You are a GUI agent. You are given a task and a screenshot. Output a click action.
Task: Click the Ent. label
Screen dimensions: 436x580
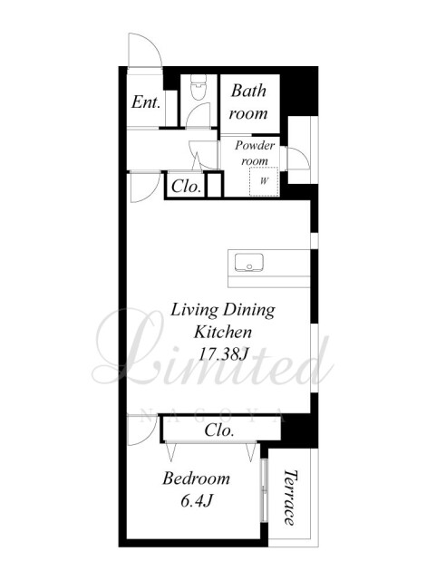(146, 102)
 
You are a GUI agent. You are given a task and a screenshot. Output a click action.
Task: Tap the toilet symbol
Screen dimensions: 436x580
(198, 87)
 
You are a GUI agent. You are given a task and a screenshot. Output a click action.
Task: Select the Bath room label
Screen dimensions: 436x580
(248, 101)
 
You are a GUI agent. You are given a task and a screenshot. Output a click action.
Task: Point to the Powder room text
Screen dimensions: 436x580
(255, 153)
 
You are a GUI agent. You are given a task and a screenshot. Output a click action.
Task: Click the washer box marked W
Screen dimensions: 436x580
(264, 181)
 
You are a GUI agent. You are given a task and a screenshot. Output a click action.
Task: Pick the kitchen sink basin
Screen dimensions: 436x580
(248, 263)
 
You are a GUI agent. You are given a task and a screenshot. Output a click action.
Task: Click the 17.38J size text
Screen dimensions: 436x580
(223, 354)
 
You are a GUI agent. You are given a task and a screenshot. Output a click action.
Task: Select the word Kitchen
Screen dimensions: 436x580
(223, 332)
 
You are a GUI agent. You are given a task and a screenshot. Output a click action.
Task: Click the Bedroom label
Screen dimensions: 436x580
(196, 478)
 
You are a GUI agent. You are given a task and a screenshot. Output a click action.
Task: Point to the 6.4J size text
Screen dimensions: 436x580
(196, 501)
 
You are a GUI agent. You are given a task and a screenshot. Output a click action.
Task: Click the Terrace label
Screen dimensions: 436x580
(290, 498)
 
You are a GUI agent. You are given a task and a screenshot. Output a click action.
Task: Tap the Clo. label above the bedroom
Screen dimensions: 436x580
(219, 430)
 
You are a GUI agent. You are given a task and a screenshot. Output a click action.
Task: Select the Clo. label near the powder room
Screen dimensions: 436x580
(186, 186)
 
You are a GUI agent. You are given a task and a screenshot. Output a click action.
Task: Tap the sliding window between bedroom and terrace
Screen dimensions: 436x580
(265, 490)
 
